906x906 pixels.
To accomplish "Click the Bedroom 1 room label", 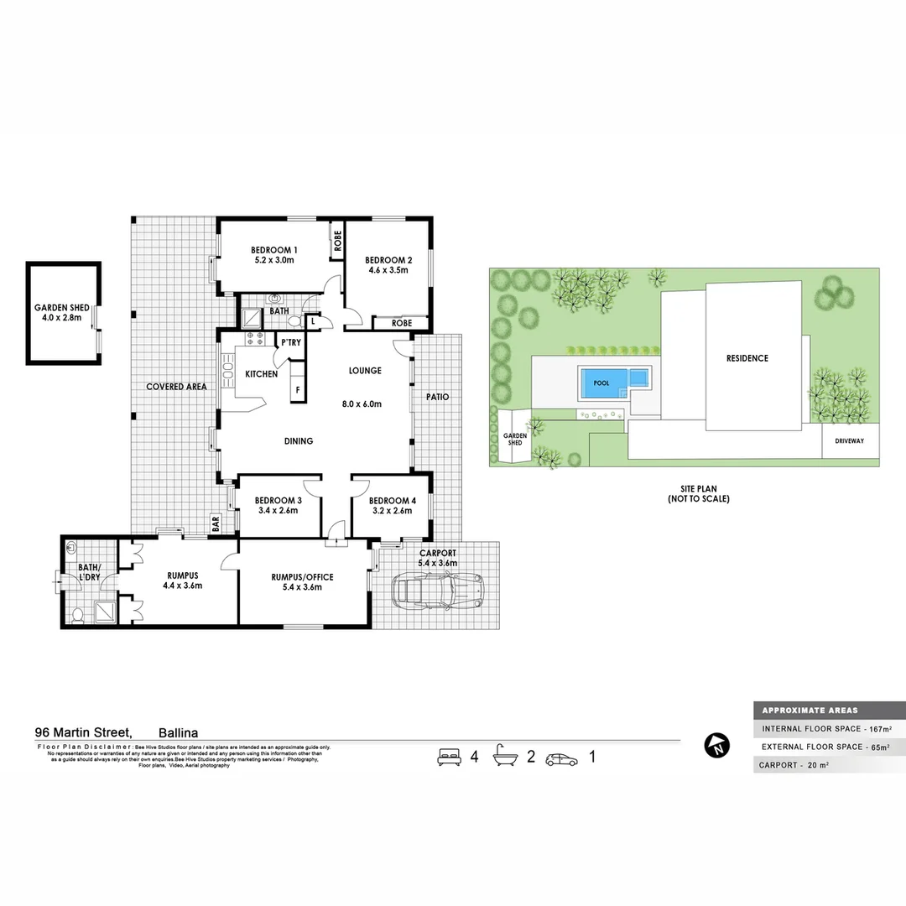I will click(274, 250).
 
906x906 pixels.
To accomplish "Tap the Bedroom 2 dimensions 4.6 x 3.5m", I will click(388, 270).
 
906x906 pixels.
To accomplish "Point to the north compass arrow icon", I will click(716, 745).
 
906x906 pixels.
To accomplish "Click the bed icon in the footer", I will click(450, 758).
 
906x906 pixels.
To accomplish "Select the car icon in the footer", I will click(561, 759).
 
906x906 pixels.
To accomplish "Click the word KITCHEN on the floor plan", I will click(261, 374).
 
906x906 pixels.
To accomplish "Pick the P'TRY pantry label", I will click(291, 342).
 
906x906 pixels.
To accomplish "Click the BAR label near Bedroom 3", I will click(216, 523).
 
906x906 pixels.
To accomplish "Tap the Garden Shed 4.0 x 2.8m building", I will click(64, 313).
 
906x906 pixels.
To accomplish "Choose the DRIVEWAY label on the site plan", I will click(850, 441).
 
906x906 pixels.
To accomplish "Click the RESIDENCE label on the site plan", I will click(747, 358).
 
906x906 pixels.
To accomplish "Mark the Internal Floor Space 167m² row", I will click(825, 728).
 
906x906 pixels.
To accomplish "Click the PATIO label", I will click(437, 397).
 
